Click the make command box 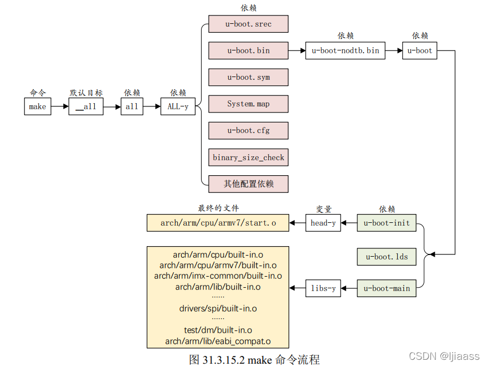(x=38, y=106)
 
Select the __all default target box (x=86, y=106)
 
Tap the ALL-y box (x=178, y=106)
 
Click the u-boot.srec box (x=248, y=24)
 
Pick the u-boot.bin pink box (x=248, y=50)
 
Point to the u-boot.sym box (x=248, y=77)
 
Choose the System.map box (x=248, y=104)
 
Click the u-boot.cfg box (x=248, y=130)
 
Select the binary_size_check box (x=248, y=157)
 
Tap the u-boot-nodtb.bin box (x=346, y=50)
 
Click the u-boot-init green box (x=387, y=223)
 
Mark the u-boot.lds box (x=387, y=256)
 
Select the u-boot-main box (x=387, y=288)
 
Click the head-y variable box (x=323, y=223)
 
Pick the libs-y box (x=323, y=288)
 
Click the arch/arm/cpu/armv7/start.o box (x=218, y=223)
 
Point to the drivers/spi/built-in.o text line (x=218, y=308)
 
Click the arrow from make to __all (x=60, y=106)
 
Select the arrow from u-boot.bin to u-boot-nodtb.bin (x=297, y=50)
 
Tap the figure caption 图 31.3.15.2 (x=254, y=359)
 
